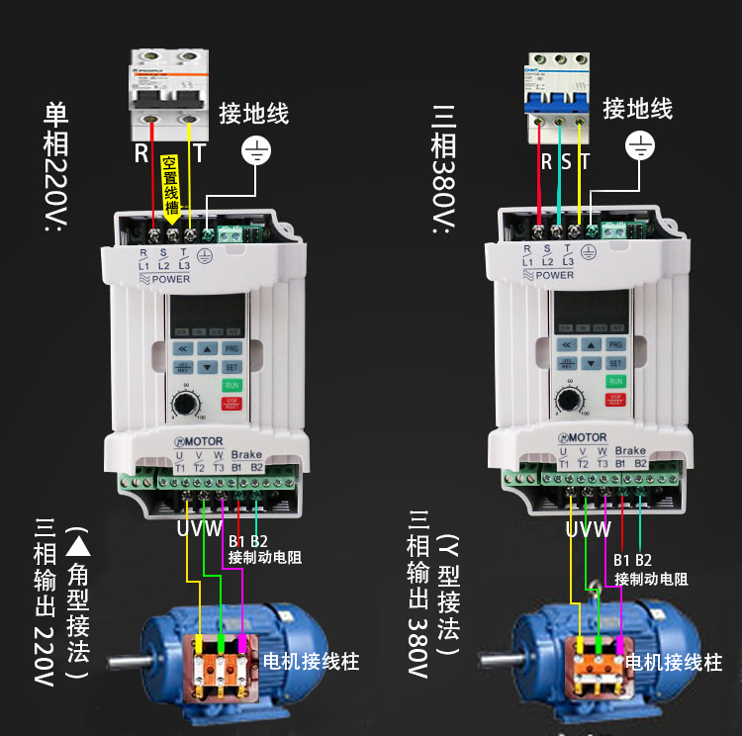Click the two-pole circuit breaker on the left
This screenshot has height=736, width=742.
click(x=170, y=99)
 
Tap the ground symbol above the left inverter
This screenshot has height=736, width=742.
click(x=257, y=150)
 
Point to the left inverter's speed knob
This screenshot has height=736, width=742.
click(x=184, y=404)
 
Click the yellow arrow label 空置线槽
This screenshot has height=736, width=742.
click(x=170, y=188)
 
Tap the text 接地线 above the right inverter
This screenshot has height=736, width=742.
click(x=637, y=108)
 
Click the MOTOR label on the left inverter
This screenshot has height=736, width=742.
click(x=197, y=440)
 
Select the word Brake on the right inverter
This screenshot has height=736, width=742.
click(x=629, y=451)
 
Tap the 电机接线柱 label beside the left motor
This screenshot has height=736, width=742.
click(x=311, y=661)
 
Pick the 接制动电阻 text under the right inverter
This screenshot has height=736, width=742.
click(x=651, y=579)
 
